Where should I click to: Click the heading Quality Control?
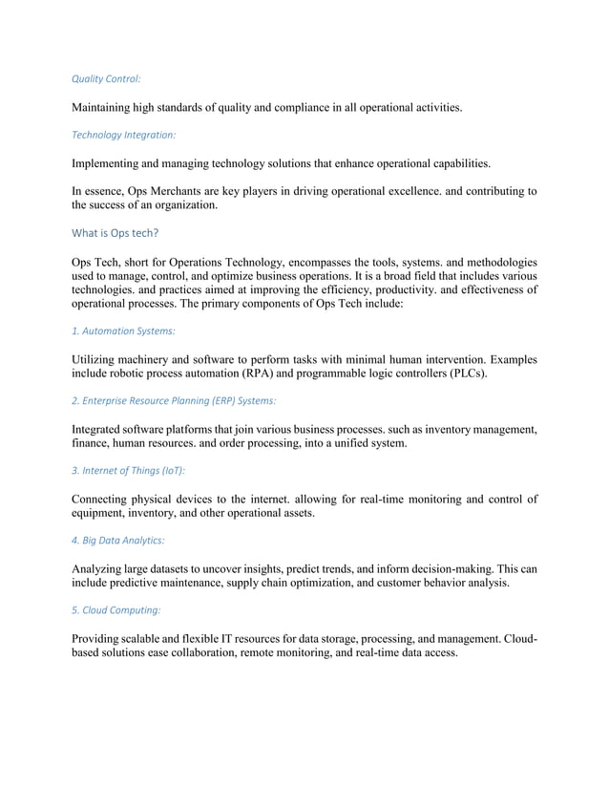(x=106, y=79)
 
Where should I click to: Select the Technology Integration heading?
(x=124, y=136)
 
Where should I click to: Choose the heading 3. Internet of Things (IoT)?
(x=129, y=470)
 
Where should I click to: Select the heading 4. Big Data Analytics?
(x=118, y=540)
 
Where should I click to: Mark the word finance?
(x=94, y=443)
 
